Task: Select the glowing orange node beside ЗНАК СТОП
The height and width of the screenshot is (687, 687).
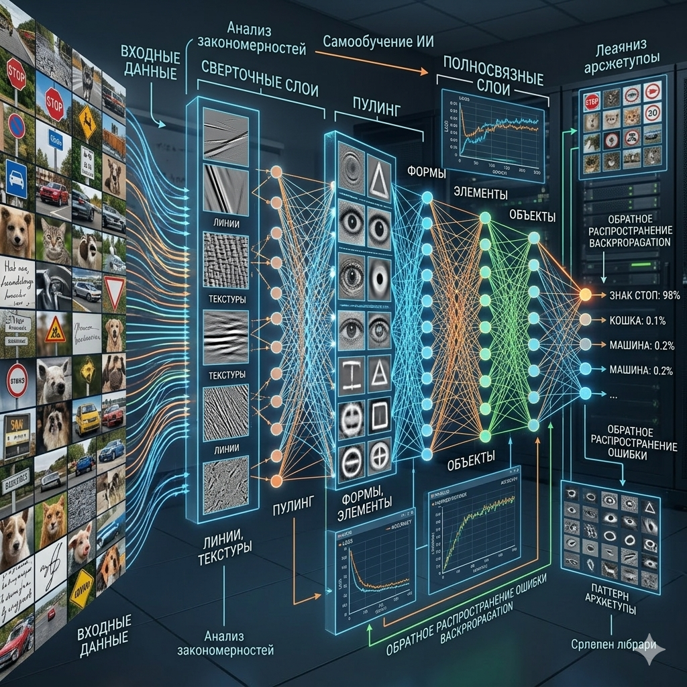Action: [x=585, y=294]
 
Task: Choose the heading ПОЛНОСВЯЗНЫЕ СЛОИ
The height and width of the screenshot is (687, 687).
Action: [x=492, y=78]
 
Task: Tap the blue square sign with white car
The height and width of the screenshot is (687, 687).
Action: [x=16, y=179]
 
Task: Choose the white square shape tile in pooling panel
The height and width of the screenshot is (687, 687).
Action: [x=380, y=415]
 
